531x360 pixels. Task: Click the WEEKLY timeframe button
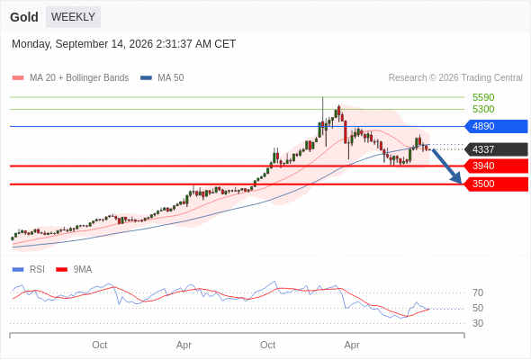tap(73, 17)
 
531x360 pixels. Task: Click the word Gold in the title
tap(24, 17)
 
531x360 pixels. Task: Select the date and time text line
tap(123, 44)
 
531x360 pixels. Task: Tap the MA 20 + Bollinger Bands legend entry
tap(70, 78)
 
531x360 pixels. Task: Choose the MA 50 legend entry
tap(162, 78)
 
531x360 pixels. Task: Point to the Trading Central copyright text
tap(455, 78)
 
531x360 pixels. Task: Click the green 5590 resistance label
tap(483, 97)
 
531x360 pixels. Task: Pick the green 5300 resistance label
tap(483, 109)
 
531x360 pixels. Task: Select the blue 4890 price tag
tap(496, 126)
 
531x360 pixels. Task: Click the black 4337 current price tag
tap(496, 149)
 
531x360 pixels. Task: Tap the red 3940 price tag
tap(496, 166)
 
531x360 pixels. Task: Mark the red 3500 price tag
tap(496, 184)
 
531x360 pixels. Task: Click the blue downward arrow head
tap(456, 177)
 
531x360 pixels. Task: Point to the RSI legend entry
tap(28, 270)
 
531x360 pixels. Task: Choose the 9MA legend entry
tap(74, 270)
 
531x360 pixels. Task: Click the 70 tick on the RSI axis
tap(478, 292)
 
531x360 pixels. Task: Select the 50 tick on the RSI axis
tap(478, 308)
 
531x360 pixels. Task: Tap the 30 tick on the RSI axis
tap(478, 323)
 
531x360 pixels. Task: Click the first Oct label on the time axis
tap(100, 345)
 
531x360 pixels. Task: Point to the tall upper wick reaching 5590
tap(323, 110)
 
